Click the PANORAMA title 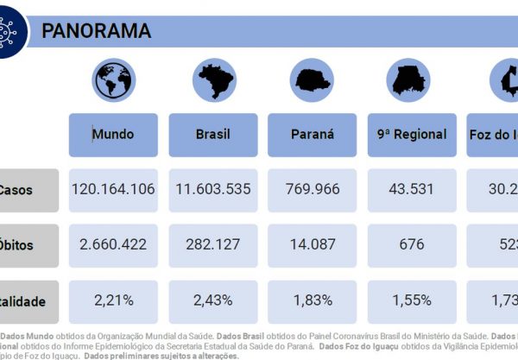[x=97, y=31]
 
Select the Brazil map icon [x=212, y=80]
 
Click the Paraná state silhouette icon [x=313, y=80]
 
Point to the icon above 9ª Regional [x=412, y=80]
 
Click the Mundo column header [x=113, y=134]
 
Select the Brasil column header [x=212, y=134]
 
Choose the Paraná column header [x=313, y=134]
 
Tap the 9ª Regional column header [x=412, y=134]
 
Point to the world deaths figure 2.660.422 [x=113, y=245]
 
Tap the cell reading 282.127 [x=212, y=245]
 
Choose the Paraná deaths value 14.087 [x=313, y=245]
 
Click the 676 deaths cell [x=412, y=245]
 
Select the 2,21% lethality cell [x=113, y=300]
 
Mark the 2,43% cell [x=212, y=300]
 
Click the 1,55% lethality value [x=412, y=300]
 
